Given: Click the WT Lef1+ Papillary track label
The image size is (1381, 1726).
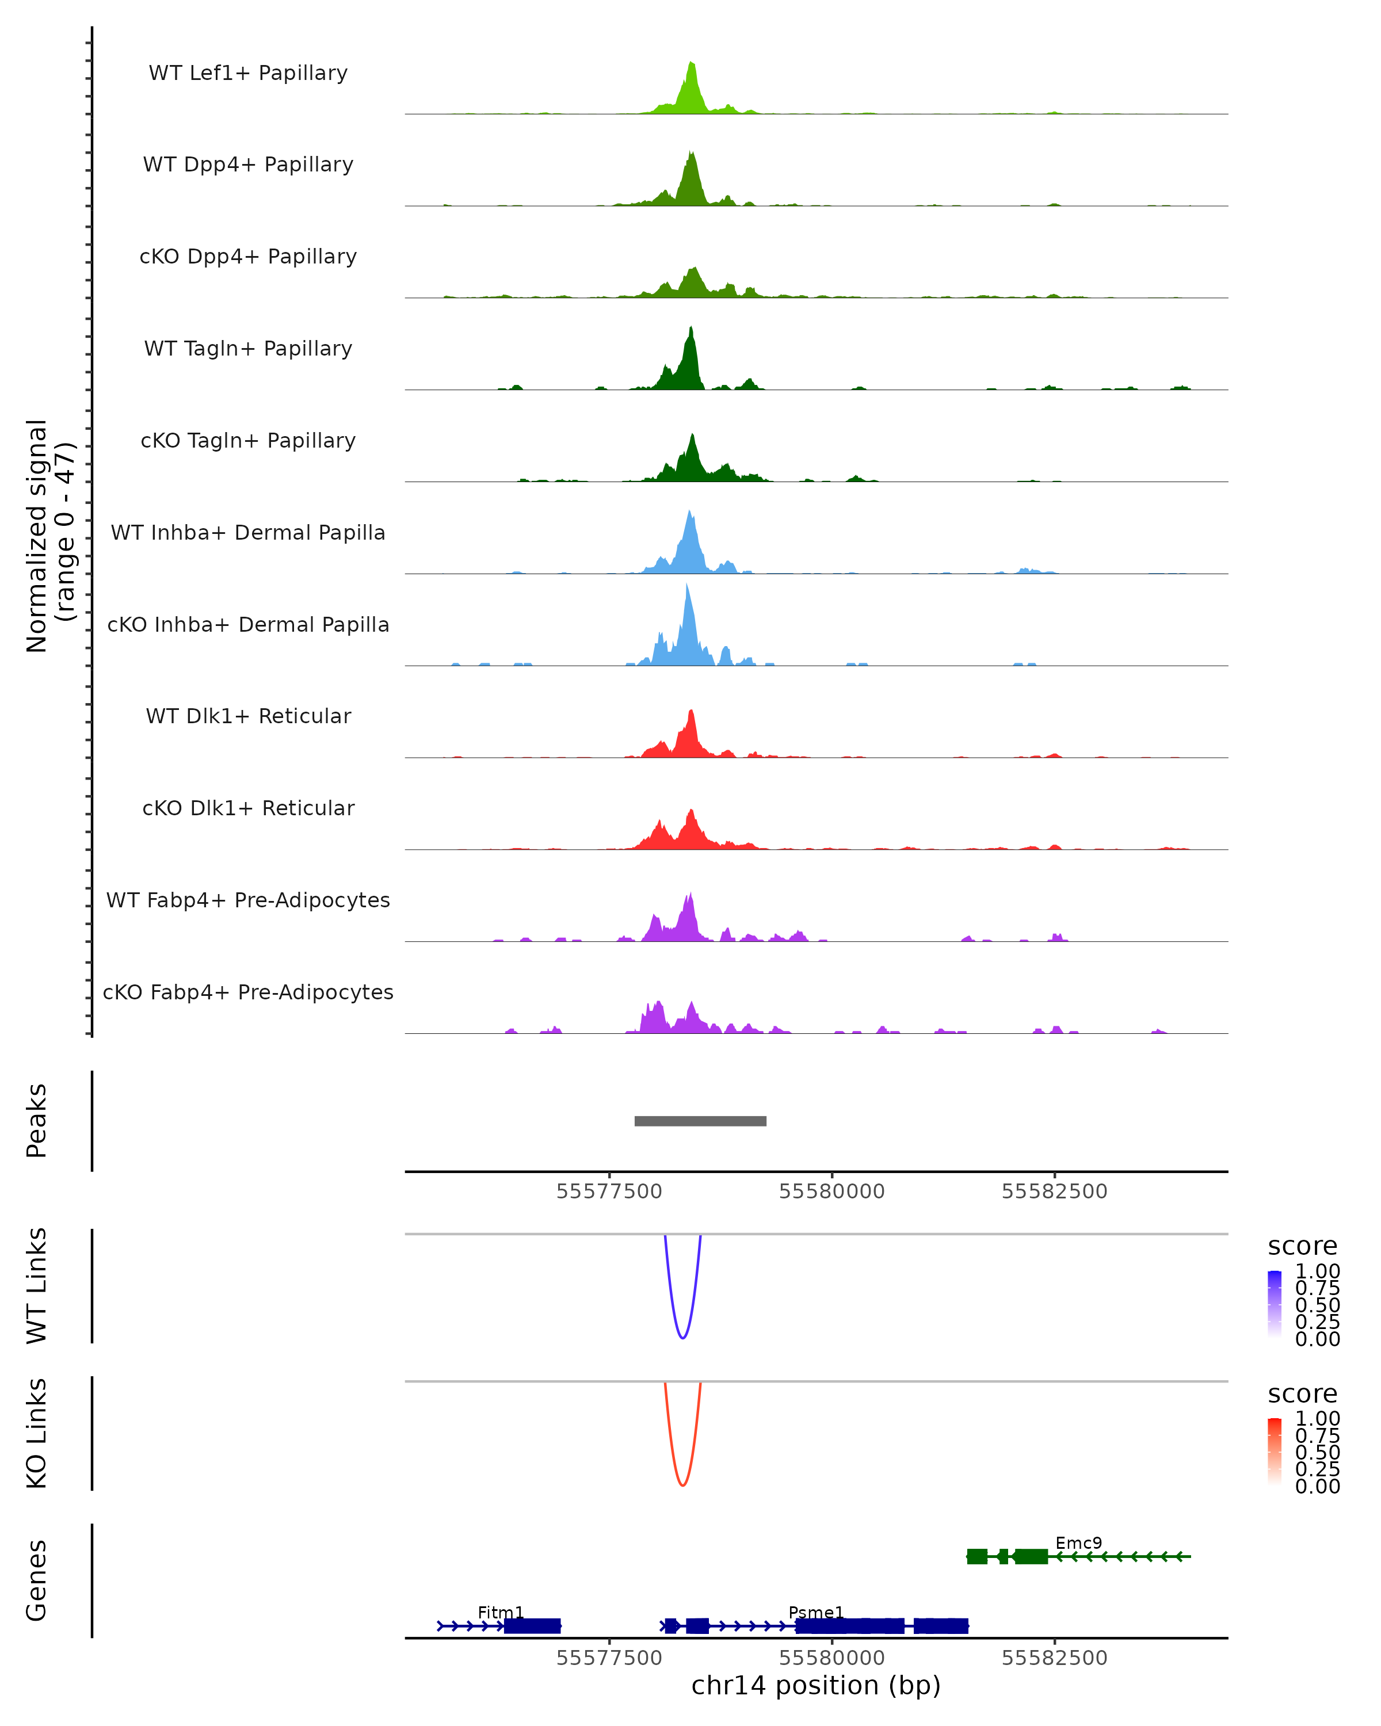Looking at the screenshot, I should [x=248, y=73].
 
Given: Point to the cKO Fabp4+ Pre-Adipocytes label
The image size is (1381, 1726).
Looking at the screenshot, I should [x=248, y=992].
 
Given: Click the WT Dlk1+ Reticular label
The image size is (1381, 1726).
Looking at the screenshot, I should [x=248, y=716].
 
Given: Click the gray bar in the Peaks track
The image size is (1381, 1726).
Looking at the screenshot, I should [x=700, y=1121].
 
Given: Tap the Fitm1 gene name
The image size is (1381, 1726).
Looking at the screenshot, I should [x=501, y=1612].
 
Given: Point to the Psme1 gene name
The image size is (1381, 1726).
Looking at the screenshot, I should [x=816, y=1612].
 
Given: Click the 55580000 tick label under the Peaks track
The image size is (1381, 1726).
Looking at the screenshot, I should [x=832, y=1192].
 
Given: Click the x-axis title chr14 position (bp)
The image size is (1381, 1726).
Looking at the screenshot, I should [x=816, y=1685].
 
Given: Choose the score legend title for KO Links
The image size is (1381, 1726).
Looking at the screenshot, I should [x=1303, y=1394].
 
